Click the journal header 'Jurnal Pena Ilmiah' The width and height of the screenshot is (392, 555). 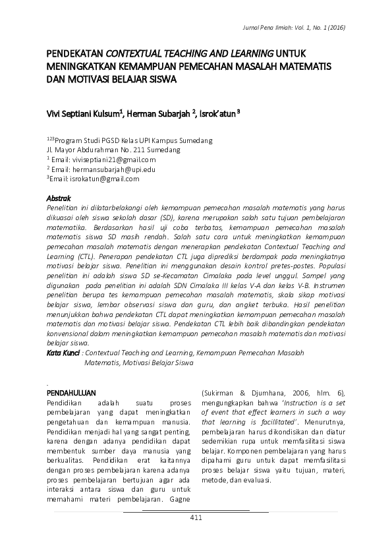[268, 28]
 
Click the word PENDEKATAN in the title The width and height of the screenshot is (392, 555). [75, 53]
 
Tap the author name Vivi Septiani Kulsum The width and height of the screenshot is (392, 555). [82, 113]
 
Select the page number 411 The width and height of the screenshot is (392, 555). [196, 517]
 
